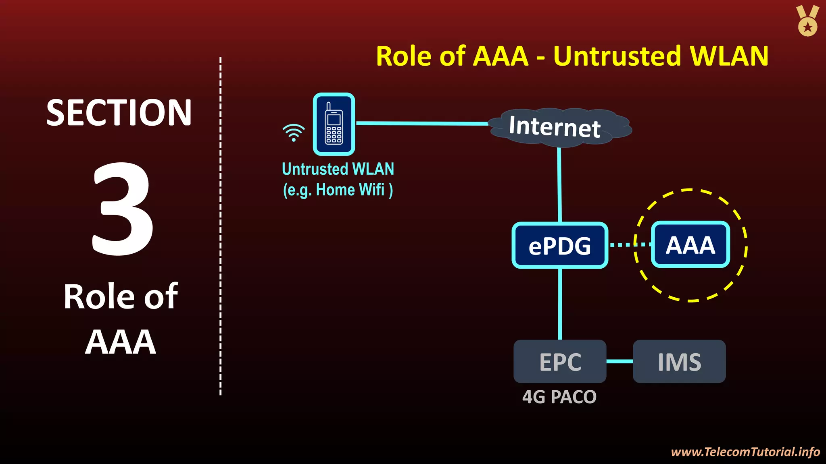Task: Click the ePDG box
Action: (560, 245)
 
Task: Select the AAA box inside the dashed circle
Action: (690, 244)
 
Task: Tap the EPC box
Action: (560, 361)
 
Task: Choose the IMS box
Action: (679, 361)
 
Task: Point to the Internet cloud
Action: (559, 126)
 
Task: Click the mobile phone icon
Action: (334, 124)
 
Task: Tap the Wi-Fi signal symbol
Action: (294, 133)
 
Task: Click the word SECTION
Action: (119, 113)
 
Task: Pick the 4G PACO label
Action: (559, 397)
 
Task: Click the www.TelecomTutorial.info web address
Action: (745, 452)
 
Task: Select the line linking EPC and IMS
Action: (619, 361)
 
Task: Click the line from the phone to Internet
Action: (421, 123)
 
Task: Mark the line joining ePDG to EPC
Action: (560, 304)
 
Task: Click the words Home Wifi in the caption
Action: (350, 190)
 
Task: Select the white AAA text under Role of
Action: (120, 342)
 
